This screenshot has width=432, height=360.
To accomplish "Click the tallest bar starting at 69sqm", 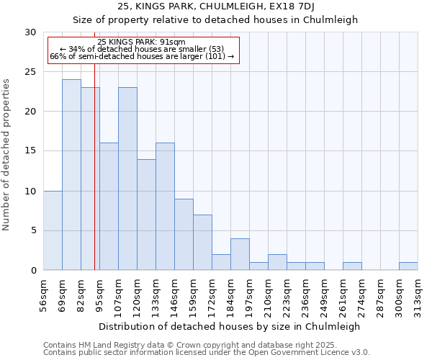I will click(71, 175).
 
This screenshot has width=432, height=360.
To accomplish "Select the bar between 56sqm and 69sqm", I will click(53, 230).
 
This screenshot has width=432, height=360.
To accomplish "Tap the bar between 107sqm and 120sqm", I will click(127, 179).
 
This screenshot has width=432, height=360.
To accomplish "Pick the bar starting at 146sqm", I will click(184, 235).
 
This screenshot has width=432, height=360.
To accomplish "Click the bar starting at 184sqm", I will click(240, 254).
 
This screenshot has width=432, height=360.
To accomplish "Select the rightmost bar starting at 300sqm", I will click(408, 266).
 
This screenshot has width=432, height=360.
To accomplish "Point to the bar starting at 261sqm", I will click(352, 266).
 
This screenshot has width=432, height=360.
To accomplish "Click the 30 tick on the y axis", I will click(30, 32).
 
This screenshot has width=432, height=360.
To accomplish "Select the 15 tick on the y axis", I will click(30, 151).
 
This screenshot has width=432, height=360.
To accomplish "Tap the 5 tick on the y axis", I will click(33, 230).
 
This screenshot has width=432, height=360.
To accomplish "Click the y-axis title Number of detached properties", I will click(7, 155).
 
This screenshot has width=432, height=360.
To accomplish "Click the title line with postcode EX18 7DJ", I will click(215, 6).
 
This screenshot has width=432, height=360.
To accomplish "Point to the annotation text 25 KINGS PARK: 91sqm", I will click(141, 42).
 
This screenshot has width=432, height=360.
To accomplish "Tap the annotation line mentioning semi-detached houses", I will click(142, 56).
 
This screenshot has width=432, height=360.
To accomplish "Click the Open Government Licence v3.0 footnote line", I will click(207, 353).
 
